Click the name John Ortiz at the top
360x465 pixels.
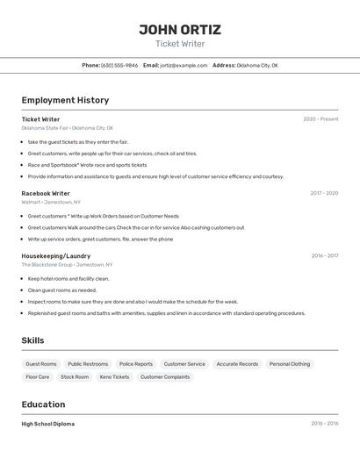click(x=180, y=29)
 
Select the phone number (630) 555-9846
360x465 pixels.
click(x=119, y=66)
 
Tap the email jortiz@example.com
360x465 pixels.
click(x=184, y=66)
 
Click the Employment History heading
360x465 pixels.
click(x=65, y=100)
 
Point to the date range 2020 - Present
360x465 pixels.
click(x=320, y=119)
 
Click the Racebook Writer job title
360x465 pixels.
click(x=46, y=193)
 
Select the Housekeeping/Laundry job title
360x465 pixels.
click(x=56, y=256)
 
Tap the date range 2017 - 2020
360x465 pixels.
click(x=324, y=193)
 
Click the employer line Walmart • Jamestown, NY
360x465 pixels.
click(x=51, y=202)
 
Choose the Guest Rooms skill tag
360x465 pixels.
click(x=41, y=364)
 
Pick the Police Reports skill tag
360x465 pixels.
click(x=136, y=364)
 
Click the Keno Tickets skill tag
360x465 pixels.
click(x=114, y=377)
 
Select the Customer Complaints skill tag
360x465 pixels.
click(x=165, y=377)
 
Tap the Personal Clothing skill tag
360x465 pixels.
click(x=290, y=364)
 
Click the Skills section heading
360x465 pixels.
click(x=32, y=340)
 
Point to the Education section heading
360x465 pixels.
click(x=43, y=404)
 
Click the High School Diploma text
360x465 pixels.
click(x=48, y=424)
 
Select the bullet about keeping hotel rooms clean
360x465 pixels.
click(x=68, y=279)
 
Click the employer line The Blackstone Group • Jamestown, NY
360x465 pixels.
click(x=67, y=264)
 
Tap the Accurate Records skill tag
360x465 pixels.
click(x=237, y=364)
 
